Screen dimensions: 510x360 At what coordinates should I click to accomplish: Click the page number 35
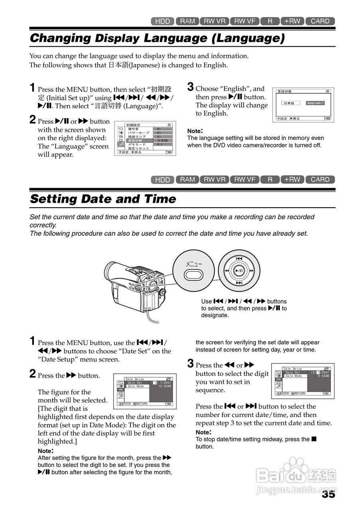(329, 494)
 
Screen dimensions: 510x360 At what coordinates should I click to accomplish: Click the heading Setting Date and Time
(103, 199)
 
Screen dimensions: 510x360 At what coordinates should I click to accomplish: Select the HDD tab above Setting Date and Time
(162, 180)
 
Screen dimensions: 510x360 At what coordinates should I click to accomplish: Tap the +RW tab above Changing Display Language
(292, 21)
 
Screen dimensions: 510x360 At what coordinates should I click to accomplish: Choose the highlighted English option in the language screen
(315, 103)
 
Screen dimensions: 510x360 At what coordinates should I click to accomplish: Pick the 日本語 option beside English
(290, 103)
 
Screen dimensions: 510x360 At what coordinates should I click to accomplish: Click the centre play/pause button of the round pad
(239, 271)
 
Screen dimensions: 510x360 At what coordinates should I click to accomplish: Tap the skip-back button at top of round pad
(239, 259)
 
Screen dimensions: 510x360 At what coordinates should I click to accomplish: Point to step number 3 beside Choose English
(191, 87)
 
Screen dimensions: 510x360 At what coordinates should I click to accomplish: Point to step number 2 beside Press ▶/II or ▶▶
(33, 120)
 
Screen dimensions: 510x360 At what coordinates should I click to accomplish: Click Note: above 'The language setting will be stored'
(195, 131)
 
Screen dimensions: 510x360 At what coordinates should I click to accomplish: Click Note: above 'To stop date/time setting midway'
(203, 432)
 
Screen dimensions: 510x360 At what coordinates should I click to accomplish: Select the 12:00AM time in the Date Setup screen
(164, 386)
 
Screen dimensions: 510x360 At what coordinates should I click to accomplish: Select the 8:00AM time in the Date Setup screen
(323, 376)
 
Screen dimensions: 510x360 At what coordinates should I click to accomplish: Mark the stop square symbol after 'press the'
(314, 439)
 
